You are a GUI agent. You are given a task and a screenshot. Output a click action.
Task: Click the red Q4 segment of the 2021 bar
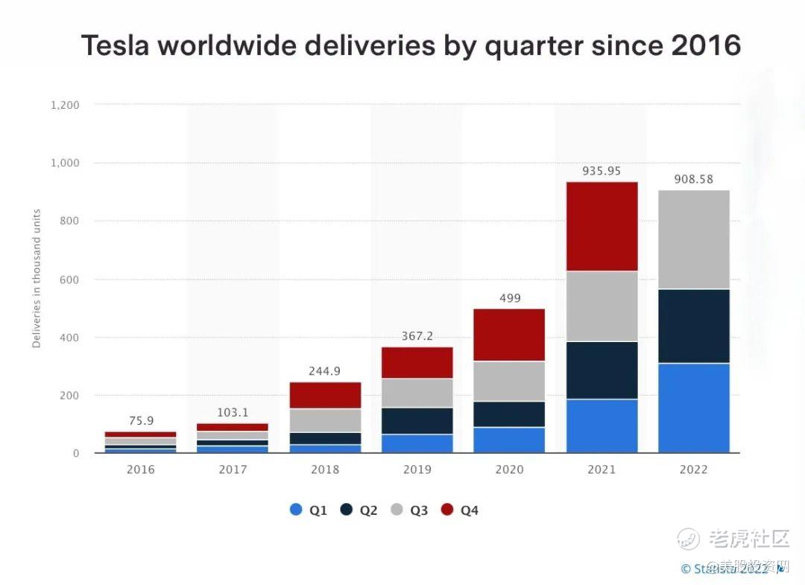tap(602, 227)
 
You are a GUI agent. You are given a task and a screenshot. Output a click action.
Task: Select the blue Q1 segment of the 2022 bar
tap(693, 408)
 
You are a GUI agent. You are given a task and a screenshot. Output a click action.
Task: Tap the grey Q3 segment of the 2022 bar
tap(693, 239)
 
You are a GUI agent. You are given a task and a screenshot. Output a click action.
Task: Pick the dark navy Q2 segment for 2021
tap(602, 370)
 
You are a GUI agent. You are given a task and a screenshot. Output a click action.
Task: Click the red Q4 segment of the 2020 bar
tap(509, 335)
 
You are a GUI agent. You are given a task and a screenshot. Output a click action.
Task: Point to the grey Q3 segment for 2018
tap(325, 420)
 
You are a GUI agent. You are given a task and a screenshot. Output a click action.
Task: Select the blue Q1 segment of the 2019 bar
tap(417, 443)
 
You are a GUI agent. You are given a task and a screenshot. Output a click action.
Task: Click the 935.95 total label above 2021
tap(602, 171)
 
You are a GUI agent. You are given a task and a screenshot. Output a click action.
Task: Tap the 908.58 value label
tap(693, 180)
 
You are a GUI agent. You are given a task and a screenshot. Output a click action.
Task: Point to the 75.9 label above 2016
tap(141, 420)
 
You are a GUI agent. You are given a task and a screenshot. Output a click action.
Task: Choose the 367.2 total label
tap(417, 336)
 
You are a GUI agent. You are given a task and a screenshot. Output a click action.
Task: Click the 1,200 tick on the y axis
tap(65, 105)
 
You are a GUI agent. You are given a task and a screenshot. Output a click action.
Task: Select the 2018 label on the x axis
tap(325, 469)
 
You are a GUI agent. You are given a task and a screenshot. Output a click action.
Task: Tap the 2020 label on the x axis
tap(509, 469)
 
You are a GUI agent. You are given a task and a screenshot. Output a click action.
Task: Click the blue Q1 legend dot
tap(296, 510)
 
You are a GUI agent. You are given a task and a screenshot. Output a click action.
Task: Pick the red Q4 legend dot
tap(447, 510)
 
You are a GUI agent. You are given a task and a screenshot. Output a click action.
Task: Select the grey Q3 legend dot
tap(397, 510)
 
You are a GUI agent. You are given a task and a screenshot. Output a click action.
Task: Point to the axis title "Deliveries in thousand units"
tap(37, 279)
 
